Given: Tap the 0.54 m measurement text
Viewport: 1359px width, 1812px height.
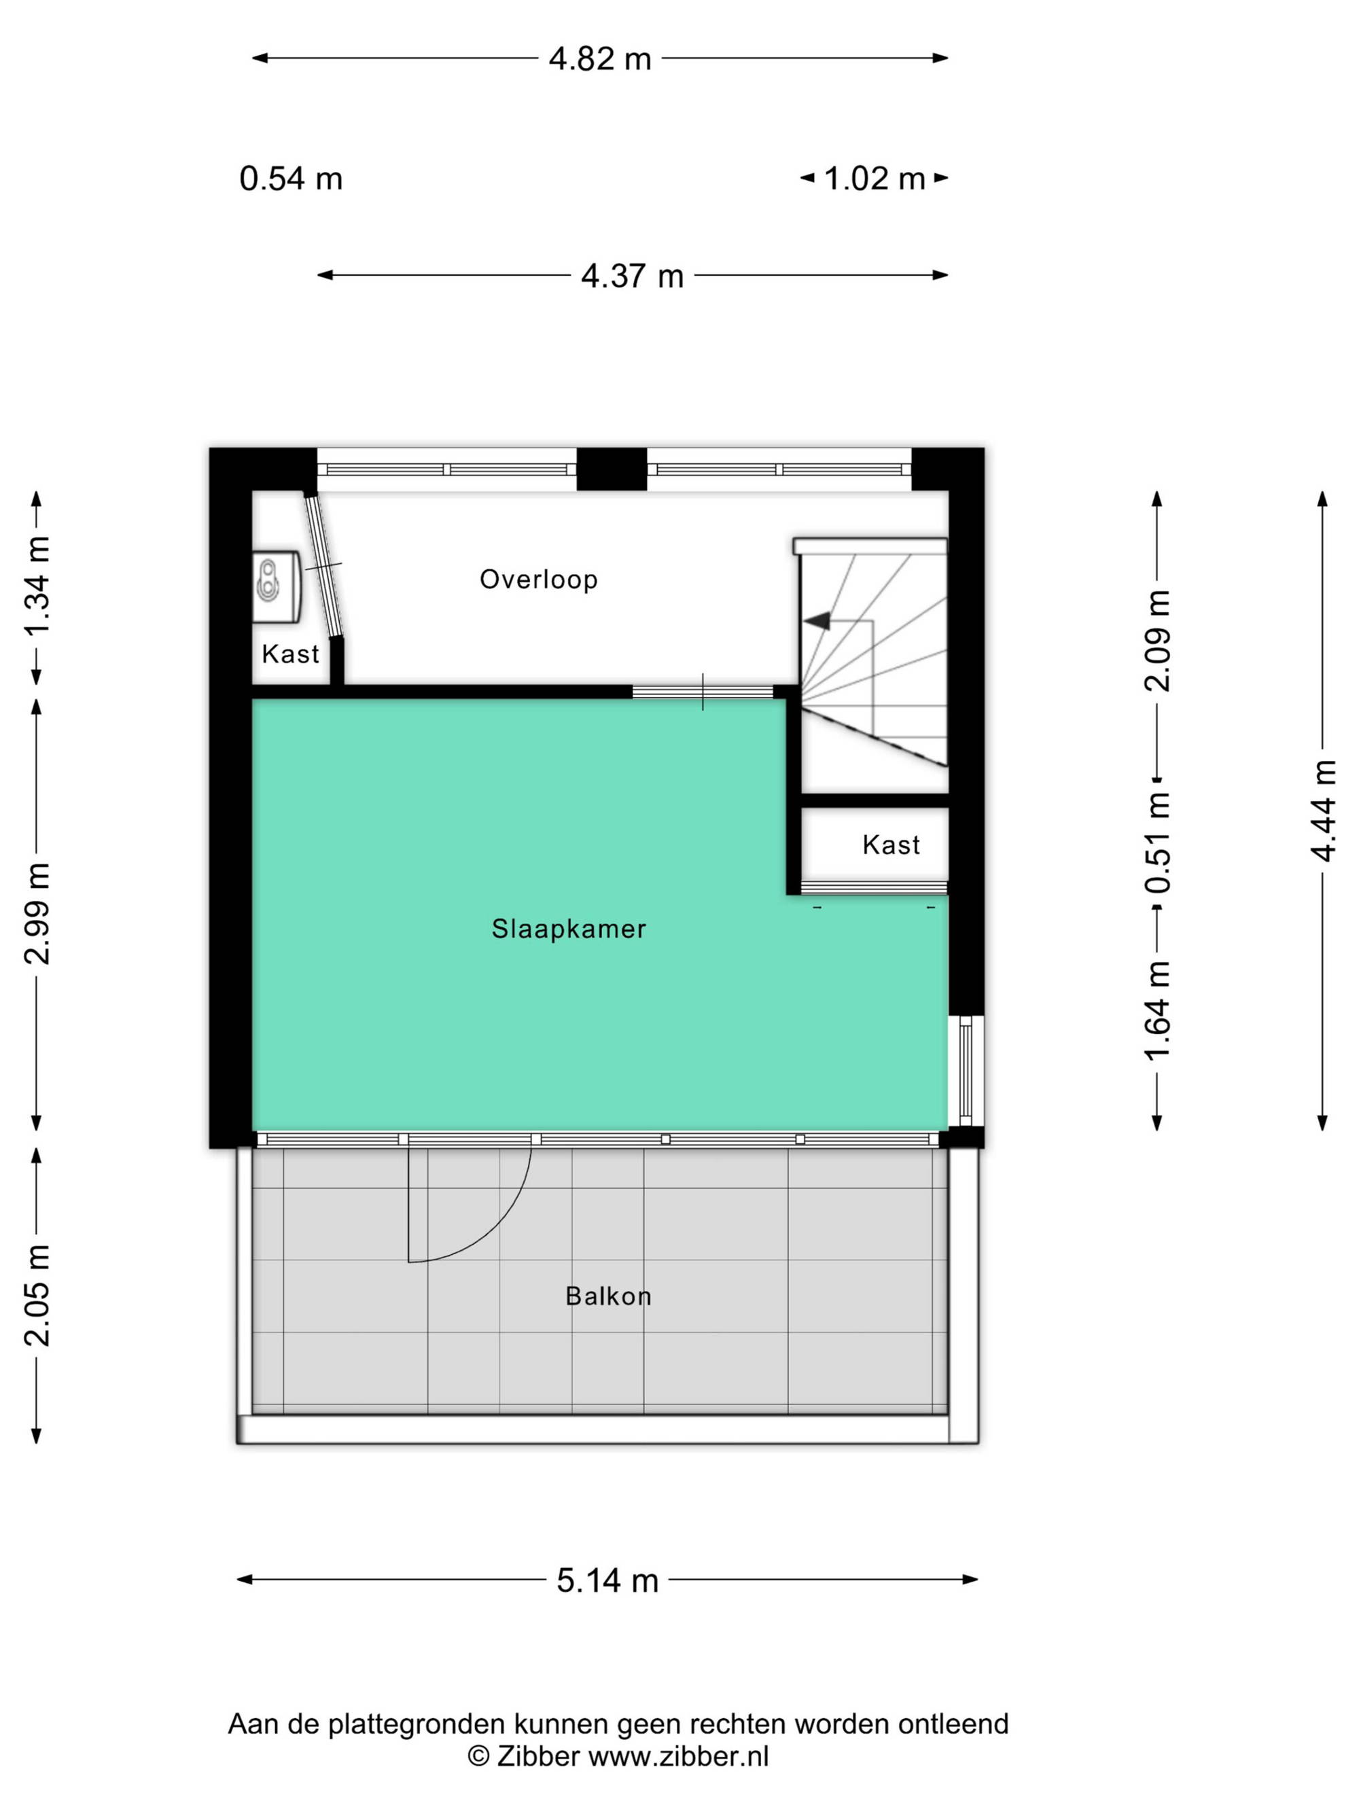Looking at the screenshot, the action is coord(291,179).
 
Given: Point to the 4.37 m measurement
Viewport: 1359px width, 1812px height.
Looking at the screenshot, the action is coord(633,276).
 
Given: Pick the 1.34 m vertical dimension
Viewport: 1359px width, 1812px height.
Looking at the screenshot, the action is coord(37,586).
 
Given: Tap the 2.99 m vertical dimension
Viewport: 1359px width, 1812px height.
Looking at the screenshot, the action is coord(37,913).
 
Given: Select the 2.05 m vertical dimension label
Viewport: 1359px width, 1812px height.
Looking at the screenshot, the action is coord(37,1295).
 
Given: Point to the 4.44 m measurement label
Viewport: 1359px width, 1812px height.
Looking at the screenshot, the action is coord(1323,811).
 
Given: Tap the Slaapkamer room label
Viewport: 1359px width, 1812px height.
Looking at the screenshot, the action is coord(569,928).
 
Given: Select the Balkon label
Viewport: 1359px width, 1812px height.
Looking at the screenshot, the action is coord(608,1295).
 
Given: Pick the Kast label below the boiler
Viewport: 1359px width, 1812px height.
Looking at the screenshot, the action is coord(290,654).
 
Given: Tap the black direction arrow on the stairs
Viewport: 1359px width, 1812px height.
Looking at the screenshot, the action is coord(817,622).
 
